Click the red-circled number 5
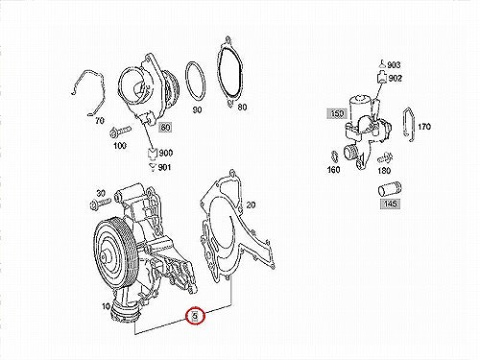pyautogui.click(x=195, y=316)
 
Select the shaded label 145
pyautogui.click(x=391, y=204)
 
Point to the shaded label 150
pyautogui.click(x=337, y=113)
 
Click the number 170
pyautogui.click(x=424, y=127)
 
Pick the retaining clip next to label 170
pyautogui.click(x=409, y=125)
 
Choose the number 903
pyautogui.click(x=394, y=65)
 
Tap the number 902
pyautogui.click(x=396, y=79)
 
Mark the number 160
pyautogui.click(x=333, y=170)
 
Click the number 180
pyautogui.click(x=384, y=171)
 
